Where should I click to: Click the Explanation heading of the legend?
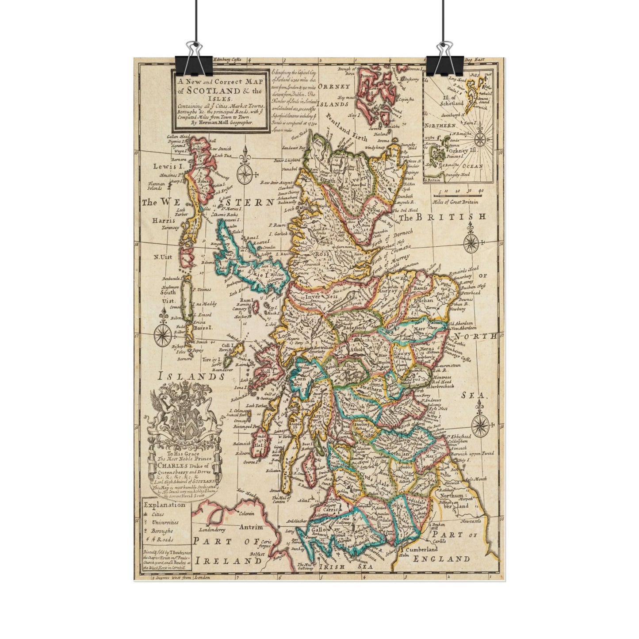click(164, 504)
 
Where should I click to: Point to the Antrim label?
click(251, 527)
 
